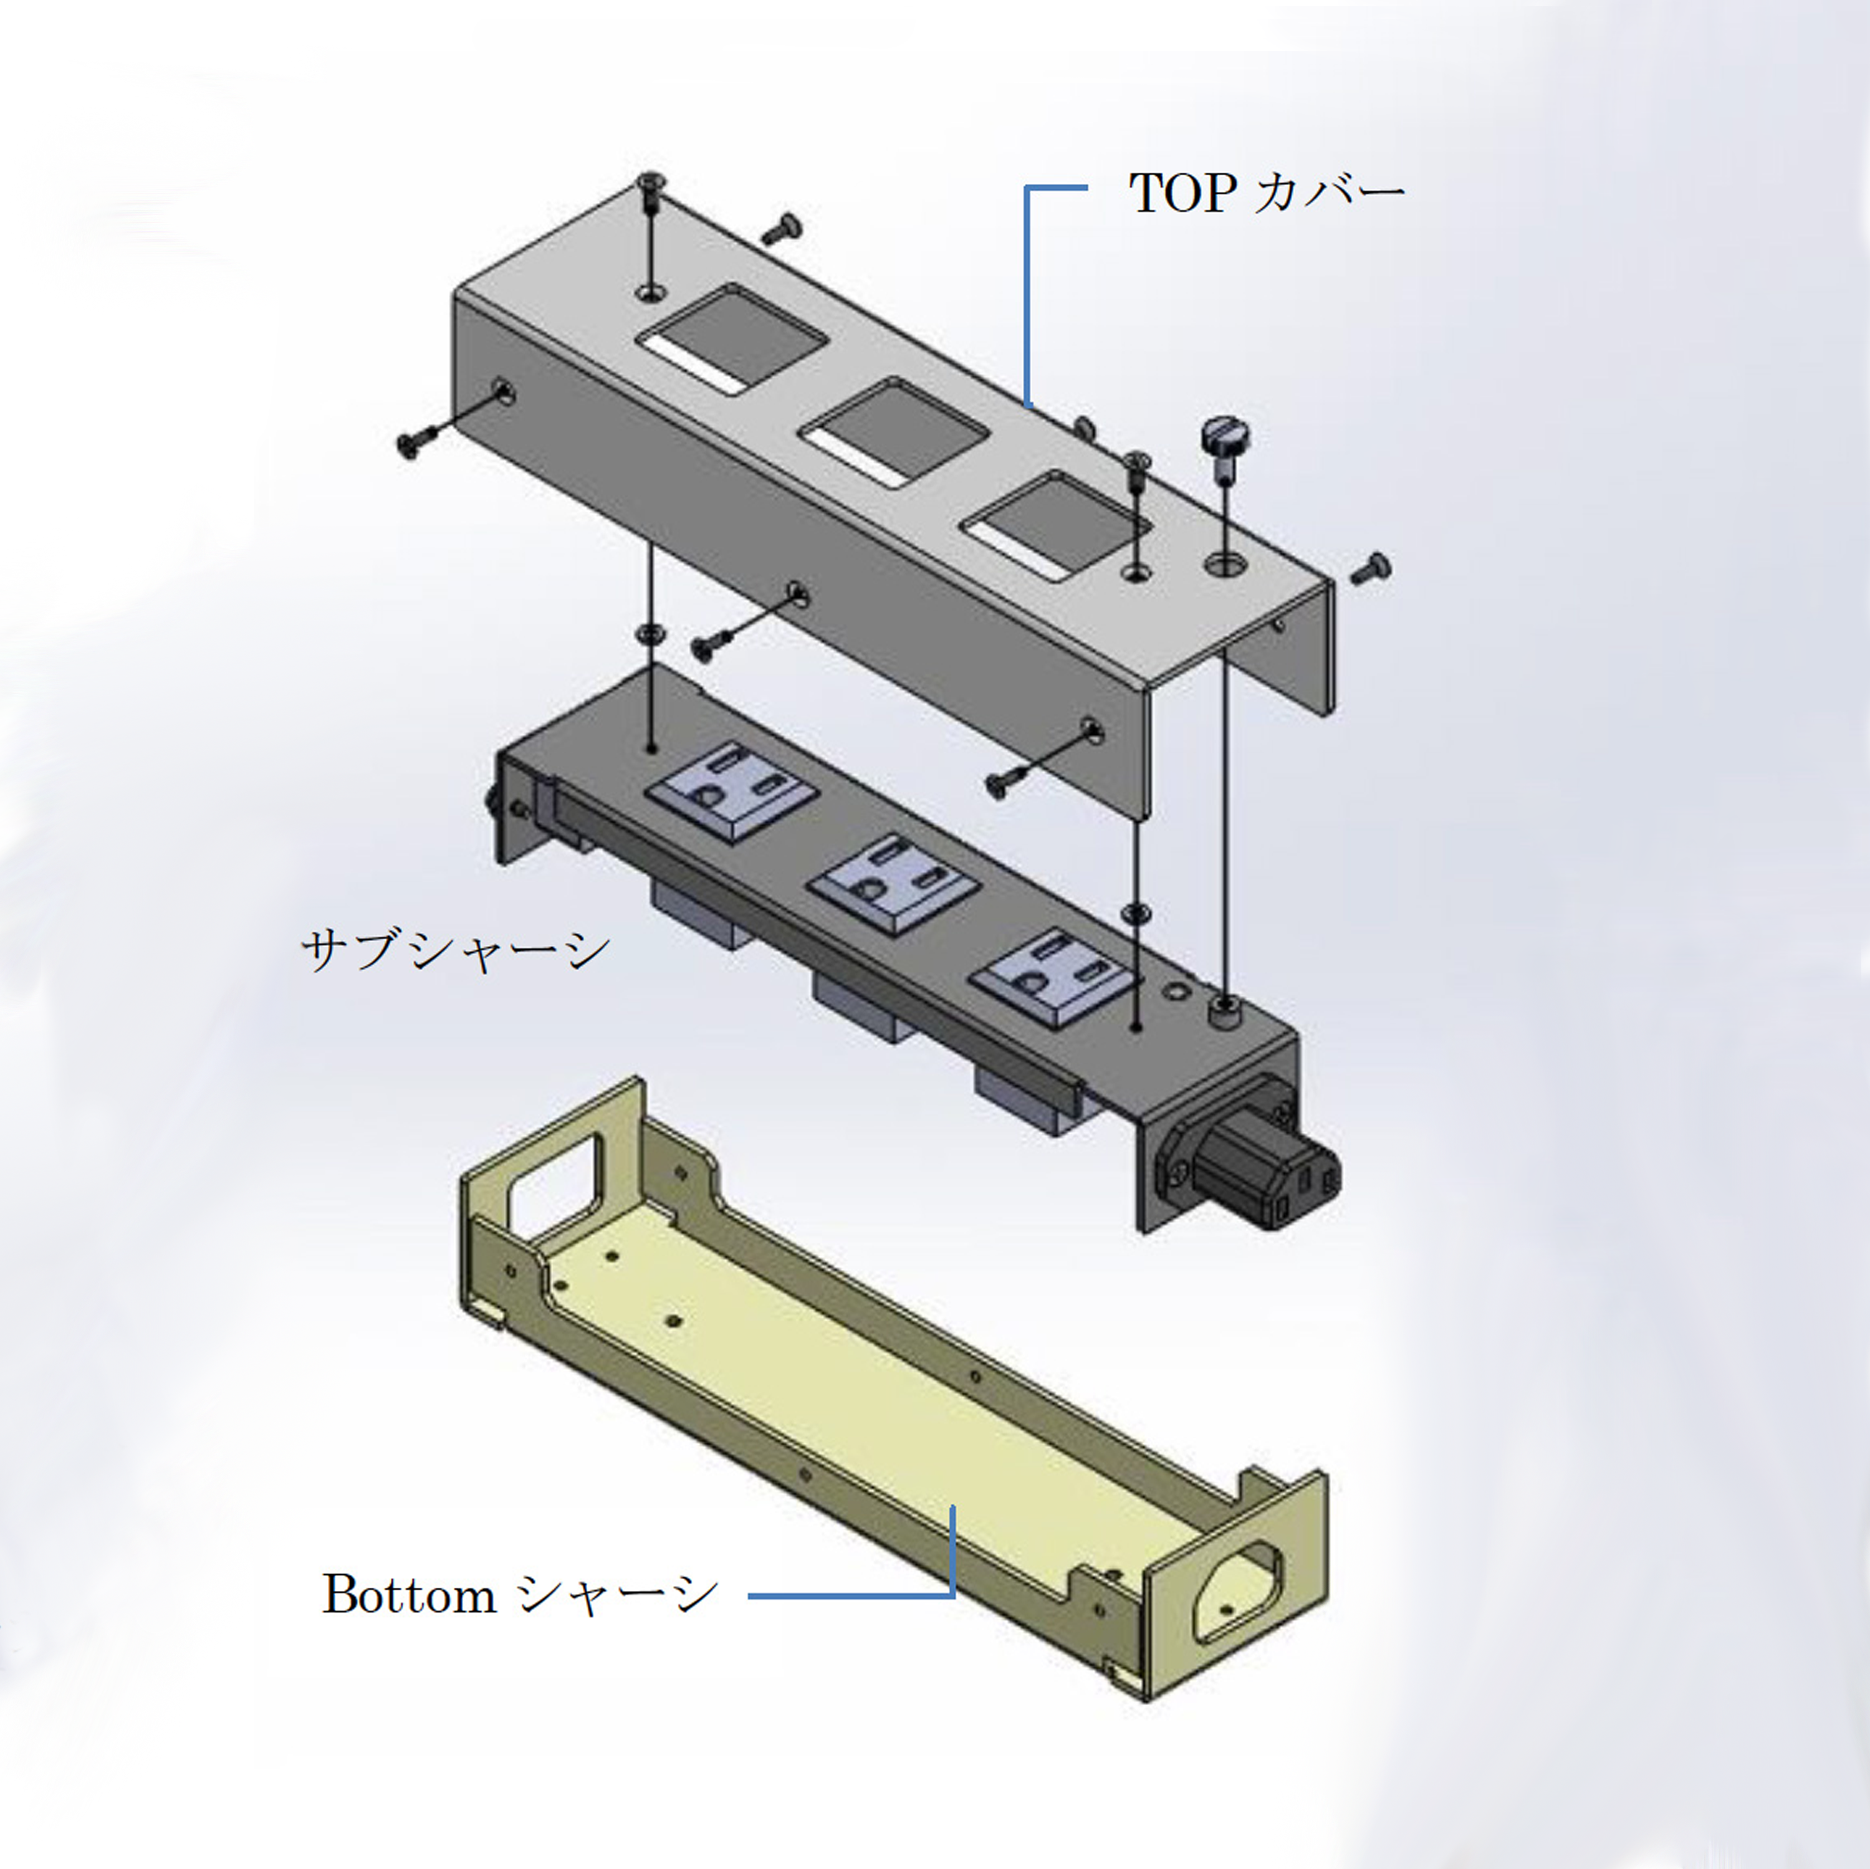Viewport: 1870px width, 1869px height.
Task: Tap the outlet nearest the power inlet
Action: pos(1055,976)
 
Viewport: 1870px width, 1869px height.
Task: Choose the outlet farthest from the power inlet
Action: pos(731,788)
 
